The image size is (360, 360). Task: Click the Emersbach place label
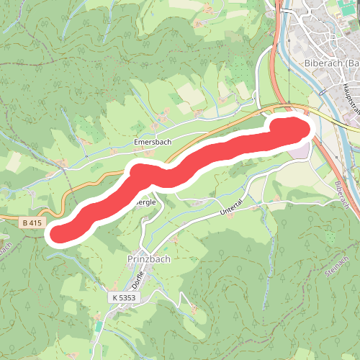click(x=153, y=143)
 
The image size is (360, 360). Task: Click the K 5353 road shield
click(x=124, y=297)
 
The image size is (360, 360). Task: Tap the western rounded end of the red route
click(x=60, y=232)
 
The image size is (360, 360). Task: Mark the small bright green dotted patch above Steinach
click(x=330, y=235)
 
